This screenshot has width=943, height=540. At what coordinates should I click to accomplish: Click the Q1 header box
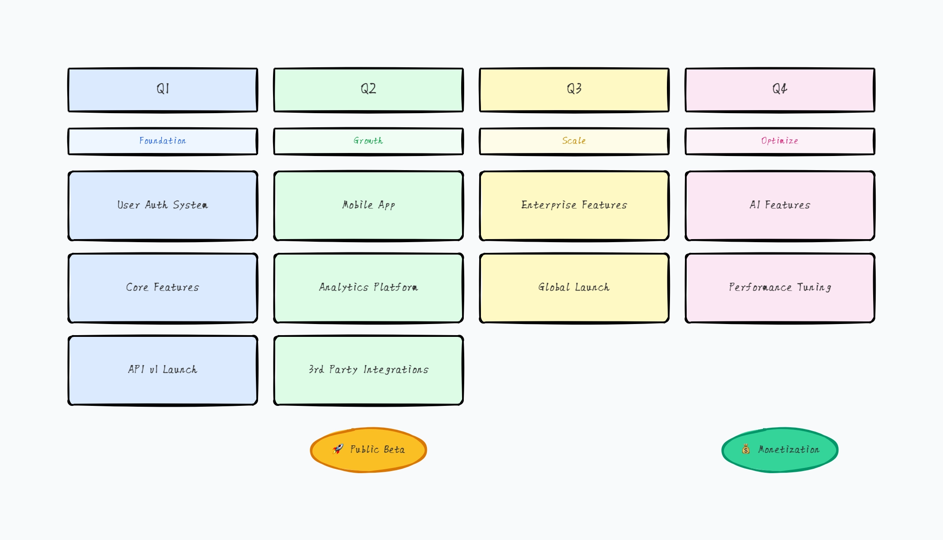coord(163,90)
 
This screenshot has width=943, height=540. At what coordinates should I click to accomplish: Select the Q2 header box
coord(369,90)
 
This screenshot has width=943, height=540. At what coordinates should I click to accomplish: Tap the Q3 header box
coord(574,90)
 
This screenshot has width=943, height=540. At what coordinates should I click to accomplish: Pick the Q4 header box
coord(780,90)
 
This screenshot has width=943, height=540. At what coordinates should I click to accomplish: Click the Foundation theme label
coord(163,141)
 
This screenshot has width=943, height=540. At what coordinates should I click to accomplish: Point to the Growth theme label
coord(369,141)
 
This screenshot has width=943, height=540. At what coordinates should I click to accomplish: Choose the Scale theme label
coord(574,141)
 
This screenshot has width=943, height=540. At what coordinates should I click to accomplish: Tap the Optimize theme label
coord(780,141)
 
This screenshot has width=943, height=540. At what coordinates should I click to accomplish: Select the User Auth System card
coord(163,206)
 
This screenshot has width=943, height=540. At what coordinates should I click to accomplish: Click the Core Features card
coord(163,288)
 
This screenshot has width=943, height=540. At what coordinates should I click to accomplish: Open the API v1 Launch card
coord(163,370)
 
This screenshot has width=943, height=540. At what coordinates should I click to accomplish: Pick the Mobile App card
coord(369,206)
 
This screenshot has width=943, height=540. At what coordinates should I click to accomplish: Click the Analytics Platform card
coord(369,288)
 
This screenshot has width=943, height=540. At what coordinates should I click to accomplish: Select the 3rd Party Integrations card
coord(369,370)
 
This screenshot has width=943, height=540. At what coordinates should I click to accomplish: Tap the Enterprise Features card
coord(574,206)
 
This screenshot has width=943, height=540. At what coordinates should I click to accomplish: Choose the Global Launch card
coord(574,288)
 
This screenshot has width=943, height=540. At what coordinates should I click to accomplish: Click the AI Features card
coord(780,206)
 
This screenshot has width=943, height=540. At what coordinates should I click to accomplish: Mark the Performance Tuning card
coord(780,288)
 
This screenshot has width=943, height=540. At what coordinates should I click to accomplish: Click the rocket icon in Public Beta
coord(338,449)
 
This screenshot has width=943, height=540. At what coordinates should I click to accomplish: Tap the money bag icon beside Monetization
coord(746,449)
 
